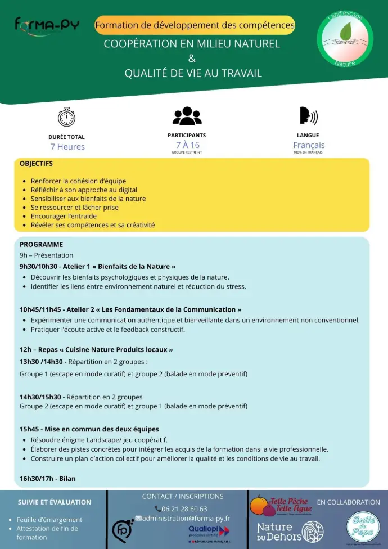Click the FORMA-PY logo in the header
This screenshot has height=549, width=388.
tap(47, 25)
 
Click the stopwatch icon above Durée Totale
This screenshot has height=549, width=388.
tap(66, 116)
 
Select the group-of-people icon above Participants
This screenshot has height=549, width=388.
tap(187, 115)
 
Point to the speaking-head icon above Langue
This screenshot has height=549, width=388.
tap(308, 115)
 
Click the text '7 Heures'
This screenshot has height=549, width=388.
tap(67, 147)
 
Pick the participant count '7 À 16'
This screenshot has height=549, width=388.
tap(187, 145)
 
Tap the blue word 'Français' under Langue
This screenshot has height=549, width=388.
tap(309, 145)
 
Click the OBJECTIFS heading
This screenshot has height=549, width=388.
tap(36, 164)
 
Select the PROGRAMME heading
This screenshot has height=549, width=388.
tap(41, 245)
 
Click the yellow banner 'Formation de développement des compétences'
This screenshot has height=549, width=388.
tap(195, 25)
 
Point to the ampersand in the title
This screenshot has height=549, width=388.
tap(191, 58)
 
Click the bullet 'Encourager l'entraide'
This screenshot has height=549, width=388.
tap(64, 216)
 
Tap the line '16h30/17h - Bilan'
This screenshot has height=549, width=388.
tap(48, 479)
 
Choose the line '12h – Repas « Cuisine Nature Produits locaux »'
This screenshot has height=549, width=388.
tap(96, 350)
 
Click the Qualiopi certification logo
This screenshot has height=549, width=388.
tap(209, 533)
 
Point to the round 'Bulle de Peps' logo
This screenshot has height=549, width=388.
tap(363, 528)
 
